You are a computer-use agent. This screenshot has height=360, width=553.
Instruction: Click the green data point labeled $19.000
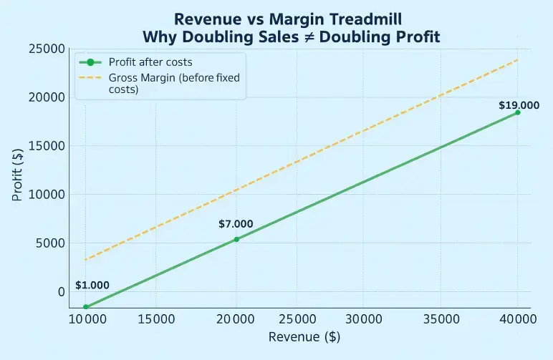pos(517,112)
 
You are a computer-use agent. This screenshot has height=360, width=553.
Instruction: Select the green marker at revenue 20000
pos(236,239)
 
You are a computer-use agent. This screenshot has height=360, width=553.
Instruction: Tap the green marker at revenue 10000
pos(86,306)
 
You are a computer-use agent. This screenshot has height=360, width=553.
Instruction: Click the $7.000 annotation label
pos(236,224)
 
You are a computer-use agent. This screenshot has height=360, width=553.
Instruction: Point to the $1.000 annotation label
pos(92,285)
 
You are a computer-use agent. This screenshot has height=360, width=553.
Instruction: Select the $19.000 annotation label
pos(519,105)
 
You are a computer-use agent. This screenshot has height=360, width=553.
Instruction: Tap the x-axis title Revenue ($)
pos(301,336)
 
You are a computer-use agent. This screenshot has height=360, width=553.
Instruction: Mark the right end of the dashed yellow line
pos(517,59)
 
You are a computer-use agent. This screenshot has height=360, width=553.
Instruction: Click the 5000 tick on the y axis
pos(48,243)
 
